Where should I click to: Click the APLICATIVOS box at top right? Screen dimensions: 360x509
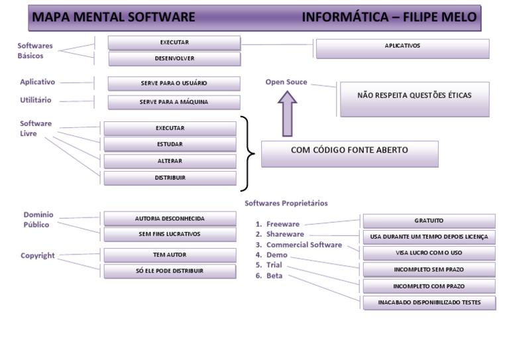pos(402,48)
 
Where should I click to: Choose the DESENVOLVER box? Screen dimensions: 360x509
pos(174,59)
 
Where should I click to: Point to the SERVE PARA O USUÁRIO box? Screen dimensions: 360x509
pos(174,84)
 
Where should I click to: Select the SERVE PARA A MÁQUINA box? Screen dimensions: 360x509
pos(174,103)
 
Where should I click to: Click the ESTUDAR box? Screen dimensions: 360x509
pos(170,145)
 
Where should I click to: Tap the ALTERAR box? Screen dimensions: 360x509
pos(170,161)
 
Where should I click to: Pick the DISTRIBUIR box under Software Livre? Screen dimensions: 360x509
pos(170,178)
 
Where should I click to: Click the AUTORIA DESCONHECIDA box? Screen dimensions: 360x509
pos(170,218)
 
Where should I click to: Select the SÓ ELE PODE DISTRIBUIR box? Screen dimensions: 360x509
pos(170,271)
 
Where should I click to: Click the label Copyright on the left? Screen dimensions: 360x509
pos(38,255)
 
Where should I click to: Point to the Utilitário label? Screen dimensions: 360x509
pos(36,100)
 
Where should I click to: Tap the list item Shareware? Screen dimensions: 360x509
pos(285,234)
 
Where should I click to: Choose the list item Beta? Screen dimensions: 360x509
pos(274,275)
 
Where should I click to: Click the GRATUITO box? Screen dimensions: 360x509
pos(429,221)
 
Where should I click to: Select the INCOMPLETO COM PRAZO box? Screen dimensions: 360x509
pos(429,286)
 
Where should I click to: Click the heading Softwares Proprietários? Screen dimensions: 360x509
pos(286,203)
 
